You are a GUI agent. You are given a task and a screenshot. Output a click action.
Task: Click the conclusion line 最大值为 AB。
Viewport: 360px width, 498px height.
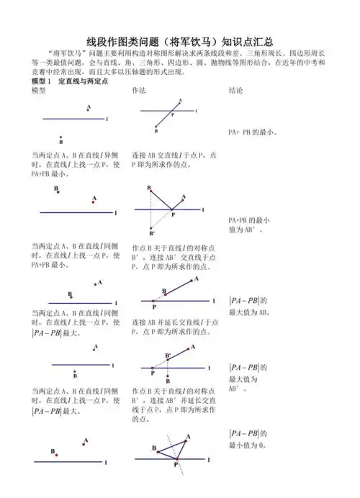(249, 312)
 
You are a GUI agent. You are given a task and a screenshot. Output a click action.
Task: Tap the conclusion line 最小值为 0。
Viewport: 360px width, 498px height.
(249, 445)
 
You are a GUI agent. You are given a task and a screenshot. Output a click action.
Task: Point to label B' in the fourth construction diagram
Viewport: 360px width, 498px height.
(168, 356)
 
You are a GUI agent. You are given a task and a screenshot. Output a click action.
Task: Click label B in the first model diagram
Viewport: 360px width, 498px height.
(60, 142)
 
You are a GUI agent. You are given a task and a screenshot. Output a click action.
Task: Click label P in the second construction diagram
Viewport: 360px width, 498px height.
(172, 214)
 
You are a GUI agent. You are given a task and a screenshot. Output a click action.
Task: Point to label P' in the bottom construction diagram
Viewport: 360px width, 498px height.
(176, 466)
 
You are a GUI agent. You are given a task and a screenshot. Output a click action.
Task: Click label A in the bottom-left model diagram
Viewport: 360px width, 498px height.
(86, 440)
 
